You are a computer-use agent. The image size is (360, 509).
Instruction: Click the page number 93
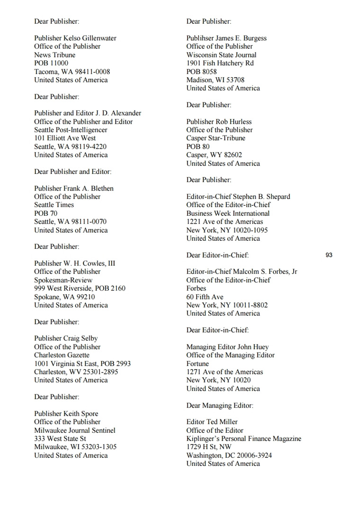tap(329, 255)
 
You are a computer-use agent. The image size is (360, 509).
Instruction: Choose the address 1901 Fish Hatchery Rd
tap(220, 63)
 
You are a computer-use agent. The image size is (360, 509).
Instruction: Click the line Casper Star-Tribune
tap(216, 138)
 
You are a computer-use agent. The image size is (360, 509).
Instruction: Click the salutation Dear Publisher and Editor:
tap(72, 172)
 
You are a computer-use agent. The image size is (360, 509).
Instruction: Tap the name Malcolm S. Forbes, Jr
tap(265, 272)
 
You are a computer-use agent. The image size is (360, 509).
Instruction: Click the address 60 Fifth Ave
tap(205, 297)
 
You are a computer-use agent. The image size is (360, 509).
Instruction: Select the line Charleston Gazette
tap(62, 355)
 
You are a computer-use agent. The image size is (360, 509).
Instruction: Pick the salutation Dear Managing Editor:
tap(220, 405)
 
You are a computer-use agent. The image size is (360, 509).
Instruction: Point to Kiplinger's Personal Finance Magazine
tap(243, 439)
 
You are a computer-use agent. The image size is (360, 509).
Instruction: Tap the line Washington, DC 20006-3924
tap(229, 455)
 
